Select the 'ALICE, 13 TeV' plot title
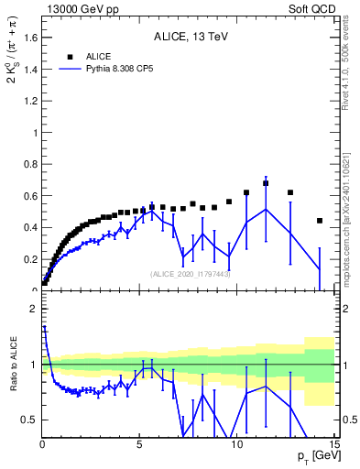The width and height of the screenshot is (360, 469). pos(191,38)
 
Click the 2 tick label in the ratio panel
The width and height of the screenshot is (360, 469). pos(33,309)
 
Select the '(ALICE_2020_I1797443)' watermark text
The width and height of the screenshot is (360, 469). pos(191,274)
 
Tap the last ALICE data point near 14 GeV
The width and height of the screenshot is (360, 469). pos(320,221)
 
